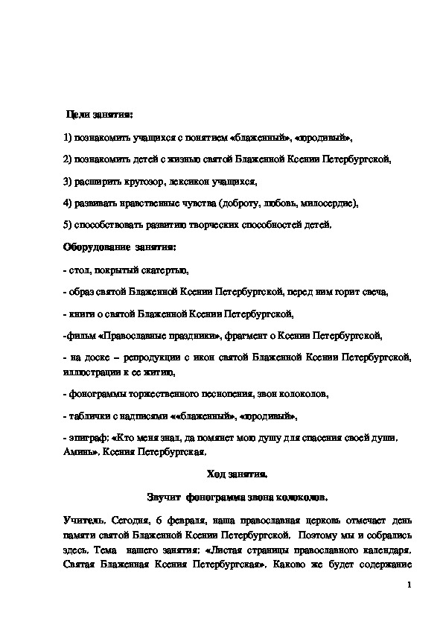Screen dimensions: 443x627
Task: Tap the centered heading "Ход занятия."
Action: click(236, 474)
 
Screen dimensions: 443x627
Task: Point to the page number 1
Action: click(409, 585)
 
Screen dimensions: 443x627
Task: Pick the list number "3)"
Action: click(68, 181)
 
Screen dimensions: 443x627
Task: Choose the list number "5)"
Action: click(68, 224)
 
